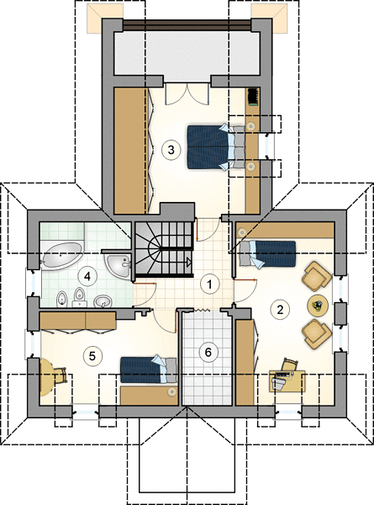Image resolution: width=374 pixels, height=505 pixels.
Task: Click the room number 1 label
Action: pos(209,284)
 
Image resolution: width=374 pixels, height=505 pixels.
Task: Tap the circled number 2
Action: pos(280,310)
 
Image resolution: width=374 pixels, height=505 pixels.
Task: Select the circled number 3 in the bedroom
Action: pos(171,150)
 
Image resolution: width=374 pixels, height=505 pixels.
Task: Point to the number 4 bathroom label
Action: pos(87,276)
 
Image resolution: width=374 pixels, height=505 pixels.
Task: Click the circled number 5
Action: pos(92,356)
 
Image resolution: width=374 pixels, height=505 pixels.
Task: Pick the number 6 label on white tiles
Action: pos(208,352)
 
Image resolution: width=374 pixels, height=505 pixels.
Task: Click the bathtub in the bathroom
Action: pos(61,256)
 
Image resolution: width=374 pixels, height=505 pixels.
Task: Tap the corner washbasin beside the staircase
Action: pos(118,264)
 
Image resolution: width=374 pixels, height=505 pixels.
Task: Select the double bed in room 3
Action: pos(216,146)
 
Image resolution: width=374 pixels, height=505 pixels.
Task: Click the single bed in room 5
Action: pos(149,369)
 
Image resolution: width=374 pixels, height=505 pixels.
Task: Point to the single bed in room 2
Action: pos(267,254)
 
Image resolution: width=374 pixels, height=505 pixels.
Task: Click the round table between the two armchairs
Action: pos(318,305)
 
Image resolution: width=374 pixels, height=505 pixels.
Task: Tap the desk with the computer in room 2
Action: pos(287,381)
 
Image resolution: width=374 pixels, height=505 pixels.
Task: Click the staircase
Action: pos(164,249)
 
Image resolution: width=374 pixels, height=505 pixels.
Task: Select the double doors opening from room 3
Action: pos(187,94)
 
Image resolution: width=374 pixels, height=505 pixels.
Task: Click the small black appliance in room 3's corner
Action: pos(253,97)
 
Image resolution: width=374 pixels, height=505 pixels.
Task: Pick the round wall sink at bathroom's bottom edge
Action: pos(103,301)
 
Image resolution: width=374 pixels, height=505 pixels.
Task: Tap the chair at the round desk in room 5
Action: pos(61,375)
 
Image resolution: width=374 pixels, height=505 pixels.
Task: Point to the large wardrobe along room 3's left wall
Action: pos(130,151)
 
